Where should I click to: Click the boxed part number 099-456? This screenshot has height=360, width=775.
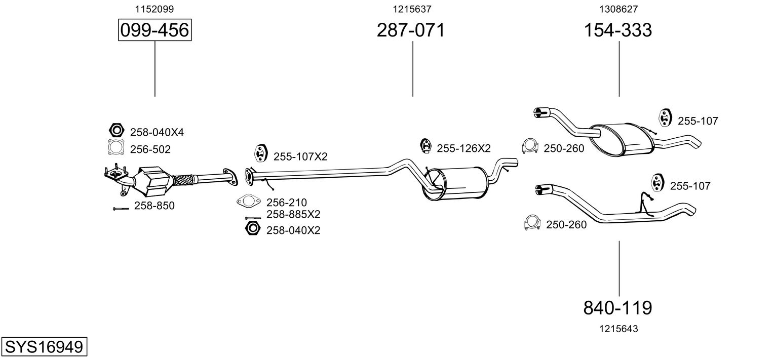click(154, 30)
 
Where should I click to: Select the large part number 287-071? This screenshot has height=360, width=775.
click(410, 30)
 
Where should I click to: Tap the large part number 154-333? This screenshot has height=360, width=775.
click(618, 30)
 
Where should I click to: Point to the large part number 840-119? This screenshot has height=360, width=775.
click(618, 307)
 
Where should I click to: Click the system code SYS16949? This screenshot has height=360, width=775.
click(44, 347)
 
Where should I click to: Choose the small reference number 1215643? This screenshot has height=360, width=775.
click(618, 329)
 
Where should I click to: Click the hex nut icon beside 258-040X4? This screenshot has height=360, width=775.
click(117, 131)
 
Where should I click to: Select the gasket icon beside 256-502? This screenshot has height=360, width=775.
click(117, 148)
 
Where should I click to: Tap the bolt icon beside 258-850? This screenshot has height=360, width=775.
click(121, 208)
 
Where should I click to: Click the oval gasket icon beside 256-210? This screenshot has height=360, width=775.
click(248, 202)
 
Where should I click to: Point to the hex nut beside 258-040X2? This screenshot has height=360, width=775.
click(252, 228)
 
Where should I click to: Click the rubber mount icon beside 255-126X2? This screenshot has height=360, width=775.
click(427, 146)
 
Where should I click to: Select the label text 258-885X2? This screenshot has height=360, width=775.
click(293, 214)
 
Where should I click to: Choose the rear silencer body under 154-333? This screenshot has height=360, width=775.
click(621, 138)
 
